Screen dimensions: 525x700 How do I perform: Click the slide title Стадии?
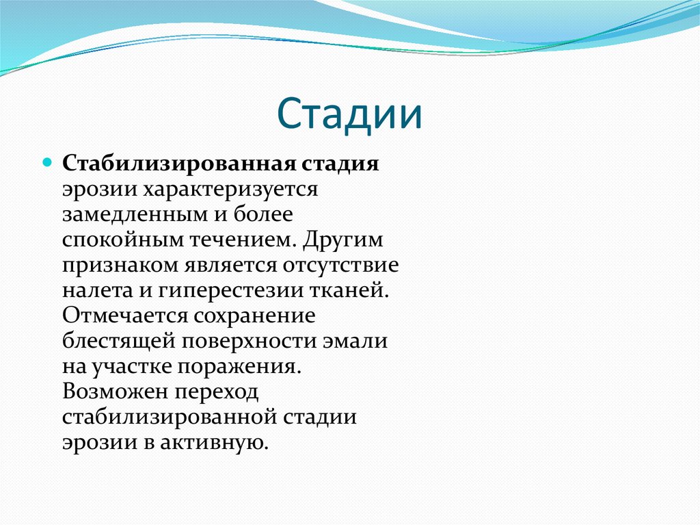point(349,114)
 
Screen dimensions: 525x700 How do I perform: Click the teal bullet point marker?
point(48,164)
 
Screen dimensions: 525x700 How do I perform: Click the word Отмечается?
point(124,315)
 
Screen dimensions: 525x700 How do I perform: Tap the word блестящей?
point(116,340)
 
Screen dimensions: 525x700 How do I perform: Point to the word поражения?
point(239,366)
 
